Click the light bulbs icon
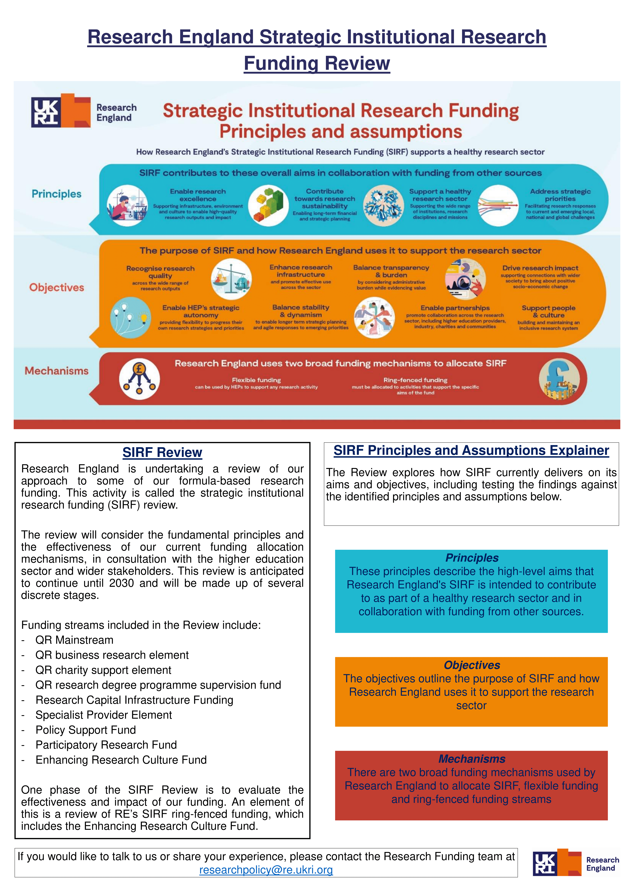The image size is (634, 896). (130, 317)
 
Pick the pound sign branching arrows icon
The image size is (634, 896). (139, 379)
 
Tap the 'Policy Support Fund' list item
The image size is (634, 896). (85, 730)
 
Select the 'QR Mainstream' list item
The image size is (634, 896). (74, 640)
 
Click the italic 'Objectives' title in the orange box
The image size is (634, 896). (472, 665)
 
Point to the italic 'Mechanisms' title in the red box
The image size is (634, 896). (472, 759)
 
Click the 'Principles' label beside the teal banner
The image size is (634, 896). (57, 194)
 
